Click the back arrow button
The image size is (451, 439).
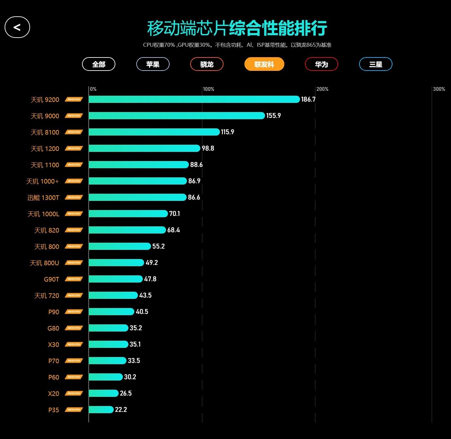coord(17,27)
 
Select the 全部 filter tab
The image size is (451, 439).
coord(99,64)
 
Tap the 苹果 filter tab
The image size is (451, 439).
coord(153,64)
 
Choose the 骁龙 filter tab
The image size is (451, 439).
coord(207,64)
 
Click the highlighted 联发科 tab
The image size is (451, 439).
coord(264,64)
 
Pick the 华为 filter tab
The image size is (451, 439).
coord(321,64)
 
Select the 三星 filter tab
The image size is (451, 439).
coord(376,64)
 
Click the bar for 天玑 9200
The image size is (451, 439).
coord(194,99)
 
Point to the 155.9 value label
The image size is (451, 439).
coord(274,116)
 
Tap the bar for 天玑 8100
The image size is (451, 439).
coord(154,132)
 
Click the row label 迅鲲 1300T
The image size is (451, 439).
coord(43,198)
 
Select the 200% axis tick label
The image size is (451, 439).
coord(322,89)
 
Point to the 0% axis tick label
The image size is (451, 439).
coord(93,89)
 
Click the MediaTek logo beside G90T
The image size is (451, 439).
coord(74,279)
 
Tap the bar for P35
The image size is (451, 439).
coord(101,410)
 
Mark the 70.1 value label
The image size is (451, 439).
coord(175,214)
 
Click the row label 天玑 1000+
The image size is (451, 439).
coord(42,181)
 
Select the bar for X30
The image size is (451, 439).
coord(108,344)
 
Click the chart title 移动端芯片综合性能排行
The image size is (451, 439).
coord(237,28)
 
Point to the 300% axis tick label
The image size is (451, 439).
coord(439,89)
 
